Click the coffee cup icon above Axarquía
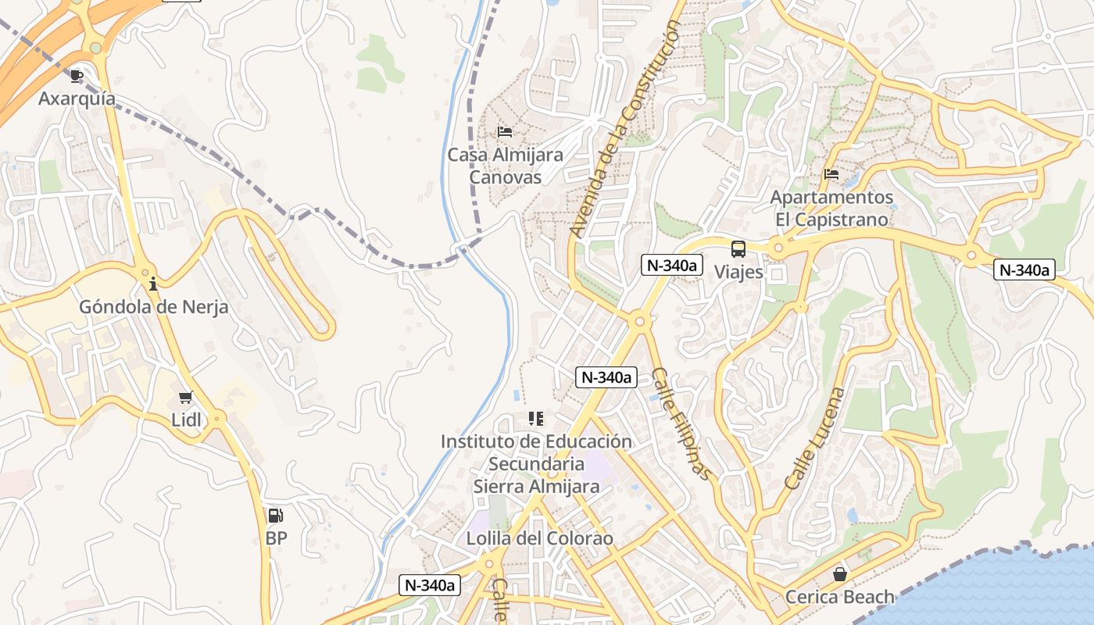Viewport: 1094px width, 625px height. click(x=76, y=76)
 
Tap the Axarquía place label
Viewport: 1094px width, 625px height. click(x=77, y=99)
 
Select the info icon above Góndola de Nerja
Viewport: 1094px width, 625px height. click(x=153, y=284)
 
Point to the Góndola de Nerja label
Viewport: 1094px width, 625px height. click(x=153, y=307)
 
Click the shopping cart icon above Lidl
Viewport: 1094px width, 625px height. click(x=185, y=398)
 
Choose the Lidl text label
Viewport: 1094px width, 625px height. click(x=186, y=420)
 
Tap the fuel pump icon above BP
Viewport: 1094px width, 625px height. click(x=275, y=516)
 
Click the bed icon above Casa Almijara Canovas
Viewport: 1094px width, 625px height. click(x=505, y=131)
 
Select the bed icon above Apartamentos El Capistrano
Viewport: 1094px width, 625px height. click(x=831, y=173)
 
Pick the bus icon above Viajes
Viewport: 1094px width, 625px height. click(x=738, y=249)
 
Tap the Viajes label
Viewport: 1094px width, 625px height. click(x=738, y=272)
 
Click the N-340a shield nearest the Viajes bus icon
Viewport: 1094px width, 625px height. click(x=670, y=265)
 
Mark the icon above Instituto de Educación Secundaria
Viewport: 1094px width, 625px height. click(x=535, y=419)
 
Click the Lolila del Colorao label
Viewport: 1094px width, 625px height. click(x=539, y=539)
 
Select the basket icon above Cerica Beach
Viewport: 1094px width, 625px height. click(x=839, y=574)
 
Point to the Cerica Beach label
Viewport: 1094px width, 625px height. click(x=839, y=598)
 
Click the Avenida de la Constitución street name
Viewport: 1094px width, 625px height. click(x=625, y=129)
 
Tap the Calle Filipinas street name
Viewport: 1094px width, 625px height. click(x=681, y=423)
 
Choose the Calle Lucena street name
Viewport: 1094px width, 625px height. click(x=814, y=438)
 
